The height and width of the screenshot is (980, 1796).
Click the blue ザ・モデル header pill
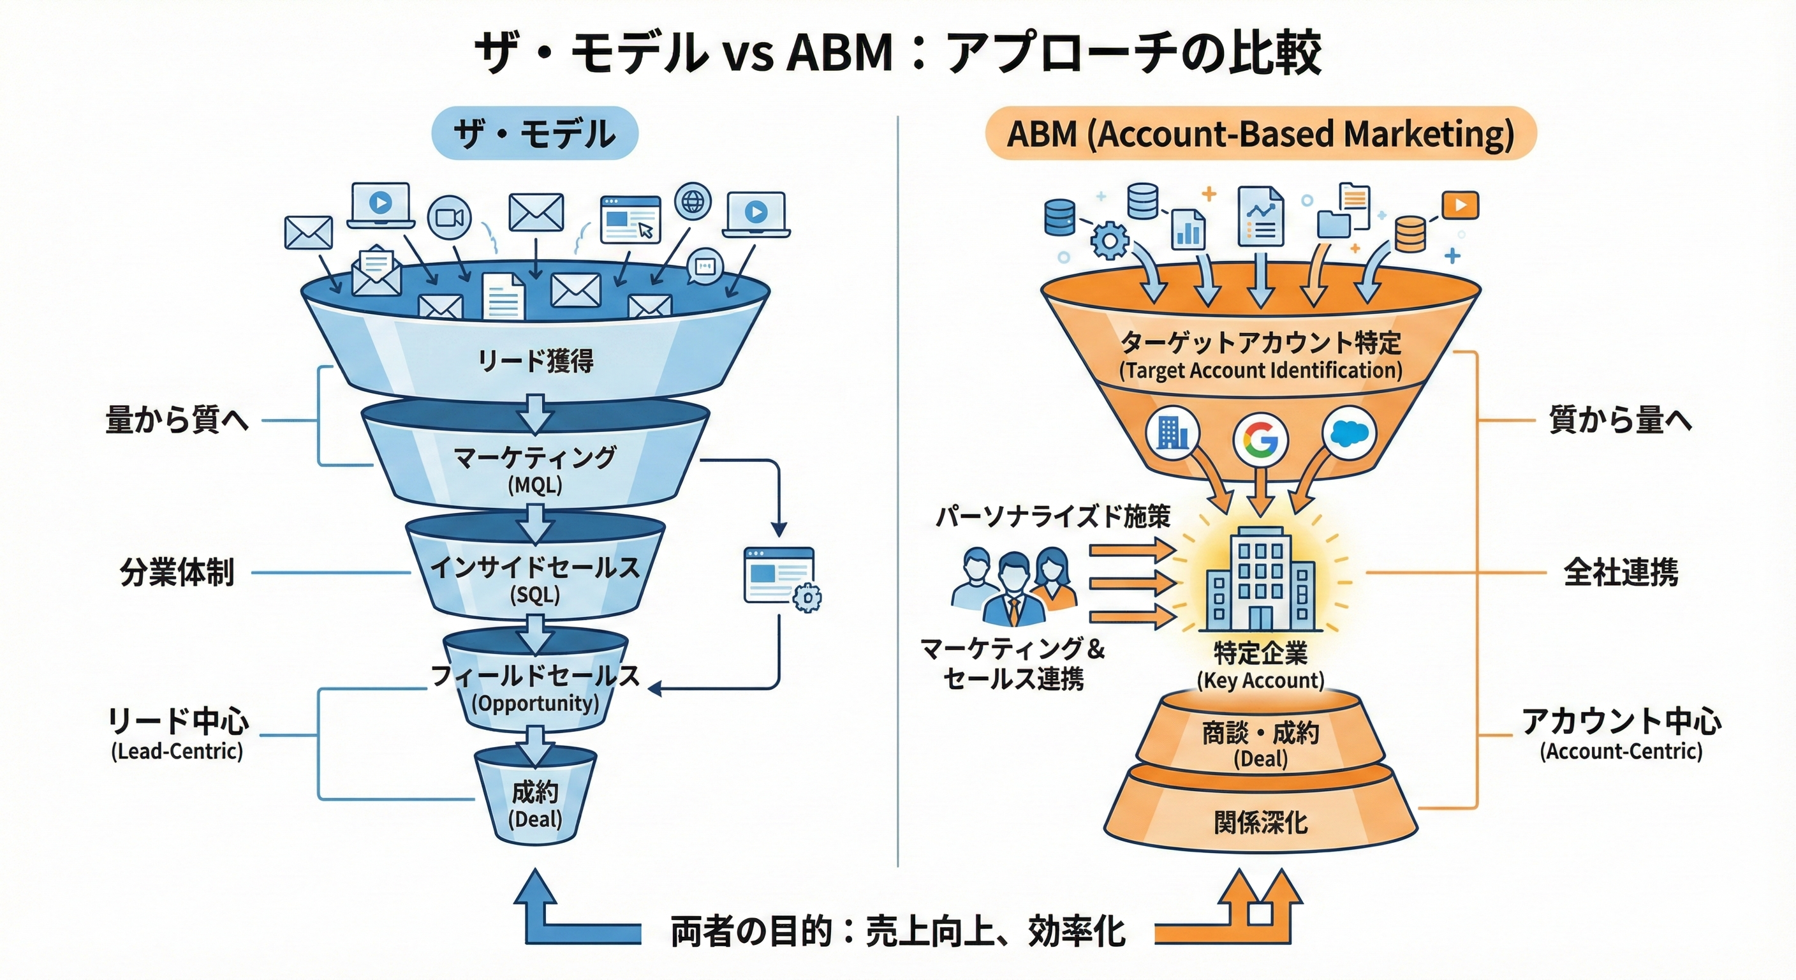534,133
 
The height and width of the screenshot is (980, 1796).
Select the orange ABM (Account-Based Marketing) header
1260,133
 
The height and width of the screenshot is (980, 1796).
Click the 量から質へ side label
177,420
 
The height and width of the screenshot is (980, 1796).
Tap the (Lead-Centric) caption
177,751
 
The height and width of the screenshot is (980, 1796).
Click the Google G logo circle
1260,439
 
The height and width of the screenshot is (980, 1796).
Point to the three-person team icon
1015,586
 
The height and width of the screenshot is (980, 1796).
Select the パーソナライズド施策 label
1053,517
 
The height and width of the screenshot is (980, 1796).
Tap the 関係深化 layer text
1260,823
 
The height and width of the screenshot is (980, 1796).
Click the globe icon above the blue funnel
693,201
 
